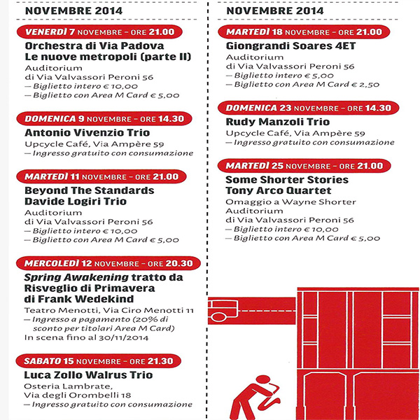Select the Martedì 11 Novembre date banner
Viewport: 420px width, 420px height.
(x=101, y=176)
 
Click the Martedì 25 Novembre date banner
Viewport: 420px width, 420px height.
(x=304, y=166)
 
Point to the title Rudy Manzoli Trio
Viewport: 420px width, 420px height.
(x=277, y=122)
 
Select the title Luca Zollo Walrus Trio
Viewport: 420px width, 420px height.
(x=88, y=374)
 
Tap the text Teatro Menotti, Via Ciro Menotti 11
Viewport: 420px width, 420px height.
(x=109, y=310)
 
